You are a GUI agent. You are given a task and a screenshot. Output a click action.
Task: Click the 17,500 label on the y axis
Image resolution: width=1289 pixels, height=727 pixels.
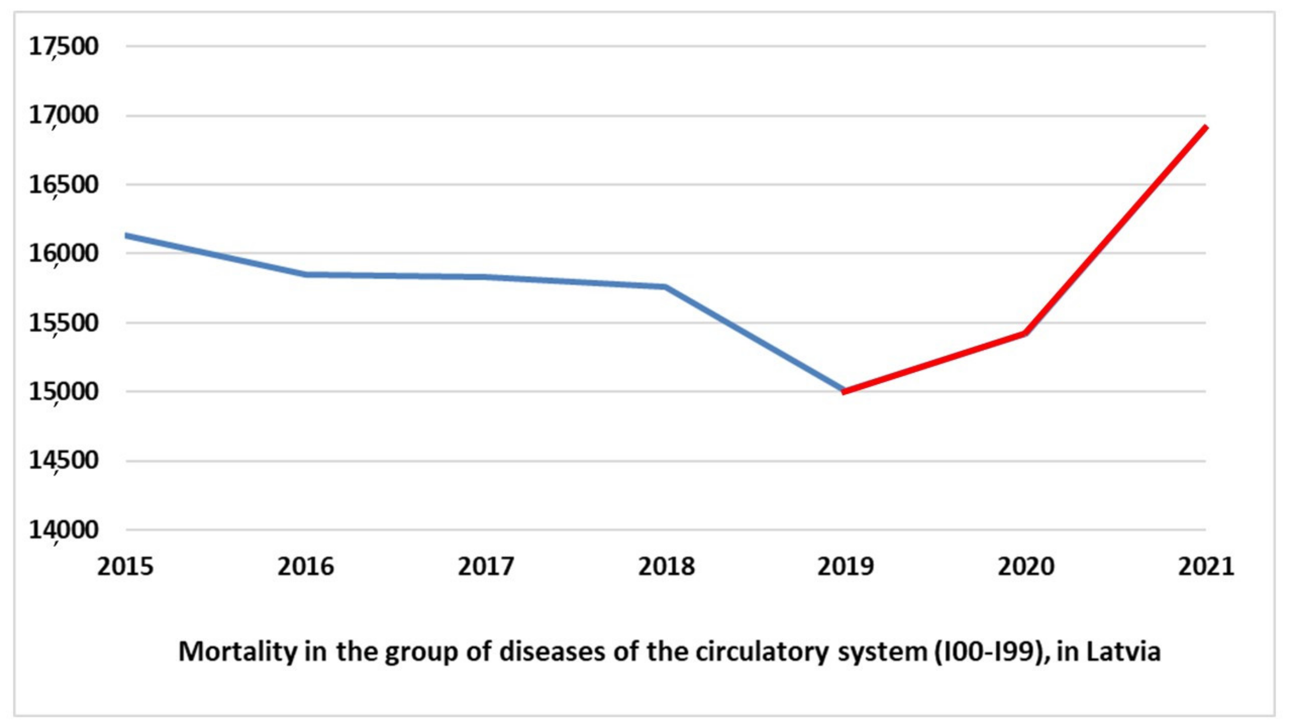pos(63,46)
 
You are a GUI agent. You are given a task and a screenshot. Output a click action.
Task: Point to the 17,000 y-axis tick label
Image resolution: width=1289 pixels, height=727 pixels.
pos(63,116)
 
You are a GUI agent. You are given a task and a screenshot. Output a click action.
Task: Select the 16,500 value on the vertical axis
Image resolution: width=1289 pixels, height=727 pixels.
pos(63,185)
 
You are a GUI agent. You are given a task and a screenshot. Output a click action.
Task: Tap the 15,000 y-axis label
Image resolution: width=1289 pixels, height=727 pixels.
pos(63,392)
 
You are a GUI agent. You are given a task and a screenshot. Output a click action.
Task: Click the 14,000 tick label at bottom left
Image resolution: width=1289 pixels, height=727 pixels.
pos(63,530)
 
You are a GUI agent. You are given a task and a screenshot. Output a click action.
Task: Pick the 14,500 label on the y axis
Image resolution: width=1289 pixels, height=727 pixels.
pos(63,461)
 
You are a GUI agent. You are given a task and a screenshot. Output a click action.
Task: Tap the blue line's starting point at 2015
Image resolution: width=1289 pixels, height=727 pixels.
pos(126,235)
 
